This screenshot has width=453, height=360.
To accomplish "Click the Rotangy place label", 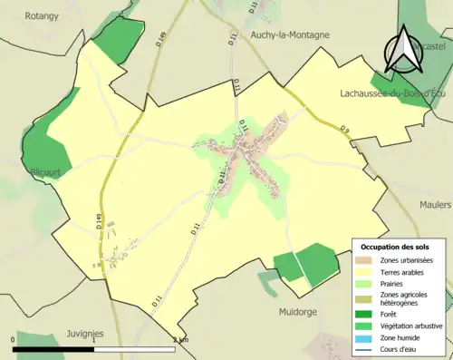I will click(x=42, y=15).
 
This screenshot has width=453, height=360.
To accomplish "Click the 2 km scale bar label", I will click(x=178, y=340).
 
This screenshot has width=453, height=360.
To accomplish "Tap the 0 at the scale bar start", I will click(x=14, y=340).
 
